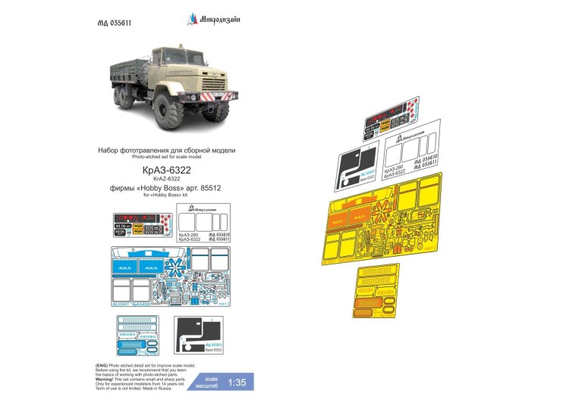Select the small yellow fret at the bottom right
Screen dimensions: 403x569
tap(376, 293)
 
